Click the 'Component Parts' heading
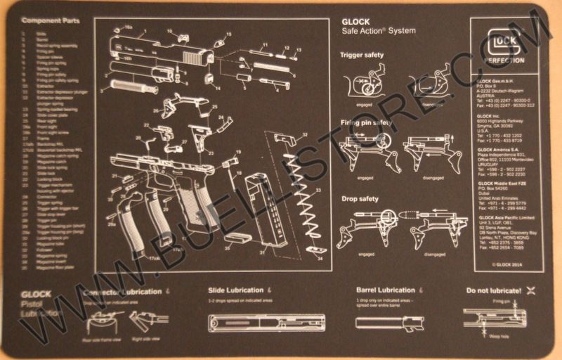click(x=51, y=21)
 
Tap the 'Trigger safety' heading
click(x=362, y=54)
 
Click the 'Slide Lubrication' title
click(x=236, y=290)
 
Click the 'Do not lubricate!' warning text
click(x=493, y=290)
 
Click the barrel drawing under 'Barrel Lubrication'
click(x=385, y=323)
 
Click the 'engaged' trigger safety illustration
click(x=363, y=85)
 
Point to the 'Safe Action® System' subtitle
click(x=378, y=31)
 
